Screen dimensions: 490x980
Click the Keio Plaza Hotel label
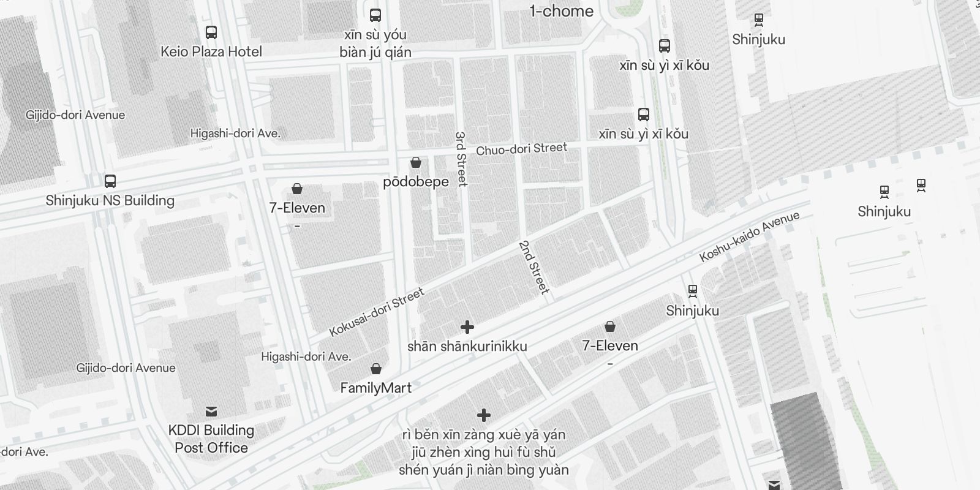(x=211, y=52)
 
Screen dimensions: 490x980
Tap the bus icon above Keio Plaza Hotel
(x=211, y=32)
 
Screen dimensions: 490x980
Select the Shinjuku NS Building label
(x=110, y=200)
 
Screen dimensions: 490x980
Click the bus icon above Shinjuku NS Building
(x=110, y=181)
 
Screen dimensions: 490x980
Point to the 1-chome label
(x=562, y=11)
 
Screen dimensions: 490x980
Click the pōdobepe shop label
(x=416, y=182)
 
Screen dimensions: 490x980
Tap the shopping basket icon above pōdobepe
(x=416, y=162)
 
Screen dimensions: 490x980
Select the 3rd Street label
(x=461, y=159)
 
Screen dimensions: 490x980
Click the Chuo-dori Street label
(x=522, y=149)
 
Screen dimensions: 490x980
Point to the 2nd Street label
(x=534, y=266)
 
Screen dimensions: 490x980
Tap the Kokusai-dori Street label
(x=377, y=312)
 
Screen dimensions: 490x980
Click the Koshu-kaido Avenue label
(x=750, y=236)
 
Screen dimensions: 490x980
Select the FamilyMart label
(x=376, y=388)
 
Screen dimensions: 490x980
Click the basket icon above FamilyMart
(x=376, y=369)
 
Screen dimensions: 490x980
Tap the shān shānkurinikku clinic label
(x=467, y=347)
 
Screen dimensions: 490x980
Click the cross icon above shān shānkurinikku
(x=467, y=327)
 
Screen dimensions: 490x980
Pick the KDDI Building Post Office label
(x=211, y=439)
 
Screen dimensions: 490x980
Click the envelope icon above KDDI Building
(x=211, y=411)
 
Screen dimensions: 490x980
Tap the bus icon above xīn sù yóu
(x=375, y=15)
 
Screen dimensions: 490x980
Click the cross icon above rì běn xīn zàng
(x=484, y=416)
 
